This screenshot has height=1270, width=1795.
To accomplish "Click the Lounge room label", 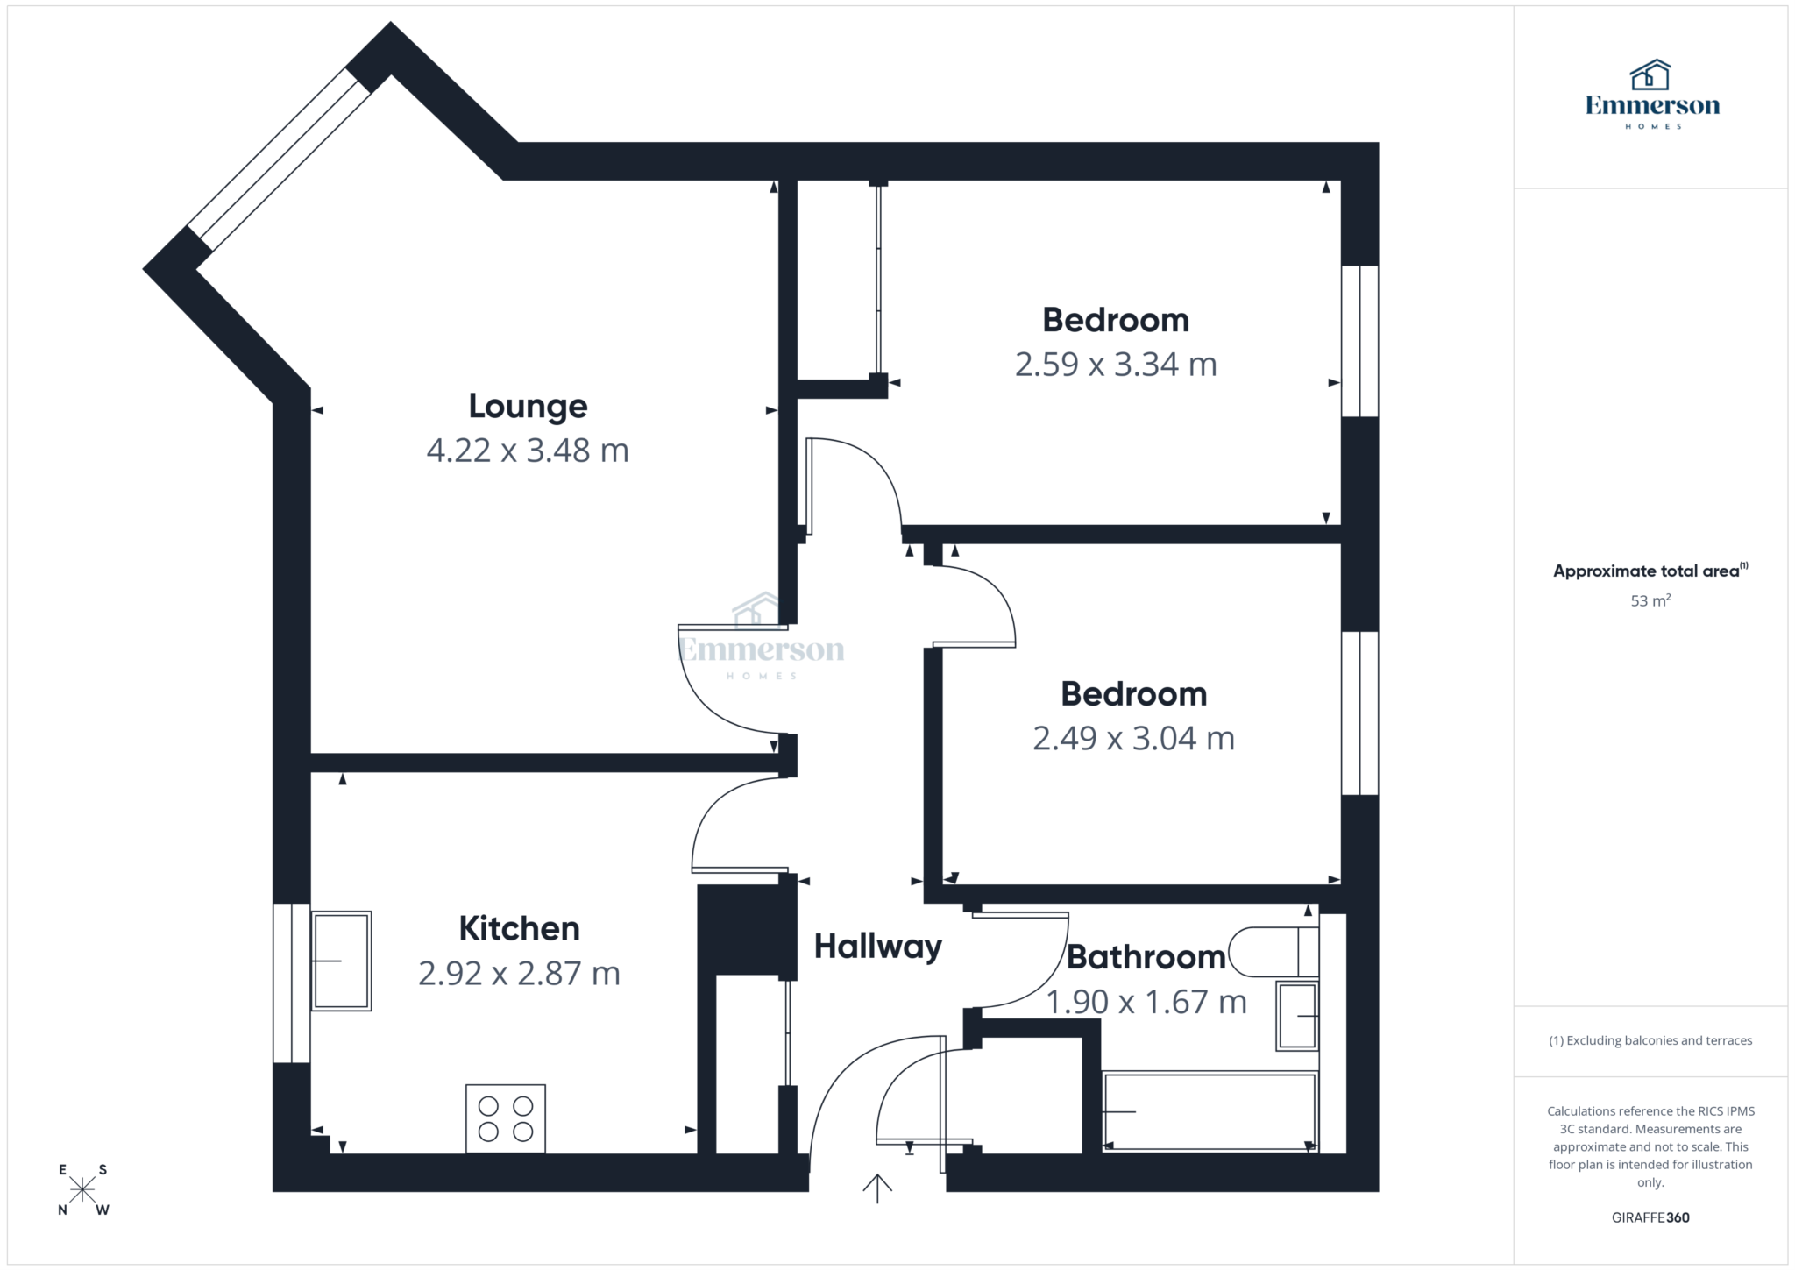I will (528, 407).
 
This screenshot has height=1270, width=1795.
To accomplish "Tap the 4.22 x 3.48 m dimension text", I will (528, 451).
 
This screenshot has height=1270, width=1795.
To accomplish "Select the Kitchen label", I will (519, 929).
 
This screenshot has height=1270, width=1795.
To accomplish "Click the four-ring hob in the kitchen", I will (506, 1118).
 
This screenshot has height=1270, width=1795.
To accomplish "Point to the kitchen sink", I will (341, 961).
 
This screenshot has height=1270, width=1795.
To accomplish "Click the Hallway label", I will (877, 947).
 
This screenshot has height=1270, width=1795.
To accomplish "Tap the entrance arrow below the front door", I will (877, 1188).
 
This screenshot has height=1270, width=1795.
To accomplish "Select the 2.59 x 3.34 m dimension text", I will (1116, 365).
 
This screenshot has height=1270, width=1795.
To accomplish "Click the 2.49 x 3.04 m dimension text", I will (1133, 739).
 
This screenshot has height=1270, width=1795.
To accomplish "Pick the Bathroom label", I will (1146, 957).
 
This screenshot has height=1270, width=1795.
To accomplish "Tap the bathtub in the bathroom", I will (1210, 1111).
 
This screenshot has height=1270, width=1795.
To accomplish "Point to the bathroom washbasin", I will (1297, 1016).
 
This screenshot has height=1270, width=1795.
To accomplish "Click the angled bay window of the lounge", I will (280, 158).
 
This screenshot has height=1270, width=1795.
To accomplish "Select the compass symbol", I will (82, 1189).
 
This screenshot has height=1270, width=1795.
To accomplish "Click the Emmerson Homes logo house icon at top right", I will (1650, 75).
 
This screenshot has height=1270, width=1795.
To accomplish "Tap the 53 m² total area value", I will (1650, 601).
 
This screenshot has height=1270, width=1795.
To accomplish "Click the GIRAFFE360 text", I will (1650, 1217).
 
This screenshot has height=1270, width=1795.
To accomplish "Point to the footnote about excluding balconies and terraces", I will (1650, 1041).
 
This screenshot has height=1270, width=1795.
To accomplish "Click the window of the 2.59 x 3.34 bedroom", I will (1360, 341).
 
